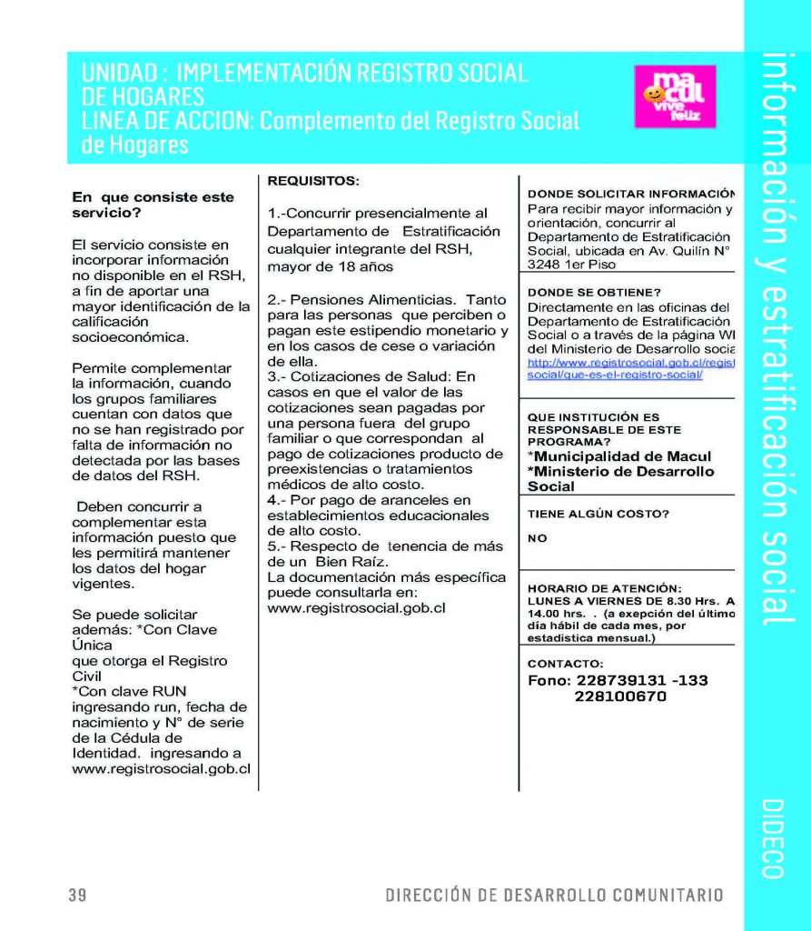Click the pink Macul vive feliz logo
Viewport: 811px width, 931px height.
(x=675, y=96)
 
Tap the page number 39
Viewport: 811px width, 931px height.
(x=77, y=896)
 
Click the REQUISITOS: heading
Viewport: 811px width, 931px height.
(x=313, y=181)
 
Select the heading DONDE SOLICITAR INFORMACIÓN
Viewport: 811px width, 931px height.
(x=630, y=194)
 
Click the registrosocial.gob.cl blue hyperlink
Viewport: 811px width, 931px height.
(x=630, y=368)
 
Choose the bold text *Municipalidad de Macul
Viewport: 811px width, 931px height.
(x=620, y=456)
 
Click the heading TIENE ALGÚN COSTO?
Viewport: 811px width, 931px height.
(x=598, y=514)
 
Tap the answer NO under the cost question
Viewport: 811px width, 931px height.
(x=538, y=538)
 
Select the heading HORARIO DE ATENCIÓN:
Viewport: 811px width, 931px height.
(x=604, y=587)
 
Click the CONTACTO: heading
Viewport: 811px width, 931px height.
(x=565, y=663)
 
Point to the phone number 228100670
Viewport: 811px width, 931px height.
(x=620, y=696)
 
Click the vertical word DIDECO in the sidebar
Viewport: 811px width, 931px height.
(x=773, y=839)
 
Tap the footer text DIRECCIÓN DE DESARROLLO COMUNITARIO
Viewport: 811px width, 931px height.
(x=554, y=896)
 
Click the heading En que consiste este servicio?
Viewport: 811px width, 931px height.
(x=153, y=205)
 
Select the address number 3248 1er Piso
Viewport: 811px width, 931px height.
(x=571, y=265)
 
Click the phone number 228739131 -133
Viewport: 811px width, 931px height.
(x=618, y=680)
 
